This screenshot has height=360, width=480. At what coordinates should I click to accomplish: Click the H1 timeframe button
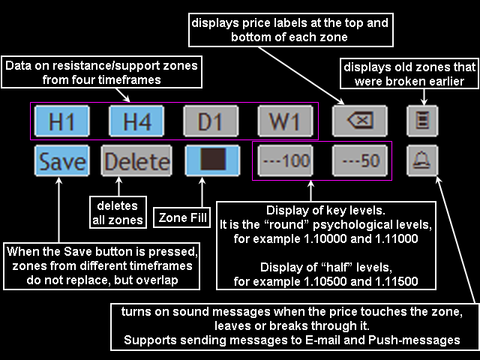click(61, 121)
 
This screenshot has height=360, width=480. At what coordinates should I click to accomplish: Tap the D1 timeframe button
click(211, 121)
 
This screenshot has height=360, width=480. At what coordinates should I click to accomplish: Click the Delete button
click(136, 161)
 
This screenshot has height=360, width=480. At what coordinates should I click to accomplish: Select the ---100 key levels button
click(286, 161)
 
